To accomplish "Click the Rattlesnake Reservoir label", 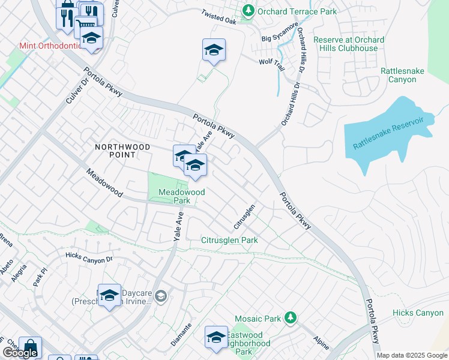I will [x=388, y=133].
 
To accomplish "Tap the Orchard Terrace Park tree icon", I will [x=247, y=10].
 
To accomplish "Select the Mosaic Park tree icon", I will [x=290, y=316].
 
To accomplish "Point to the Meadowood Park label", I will [x=181, y=196].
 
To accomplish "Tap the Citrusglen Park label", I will [x=229, y=240].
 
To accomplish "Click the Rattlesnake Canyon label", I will [x=402, y=75].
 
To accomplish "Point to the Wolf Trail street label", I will [x=271, y=62].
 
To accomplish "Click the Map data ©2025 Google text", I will [x=412, y=355].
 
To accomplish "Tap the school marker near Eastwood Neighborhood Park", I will [x=215, y=337].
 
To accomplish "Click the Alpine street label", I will [x=321, y=343].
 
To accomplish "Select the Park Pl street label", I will [x=40, y=279].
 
